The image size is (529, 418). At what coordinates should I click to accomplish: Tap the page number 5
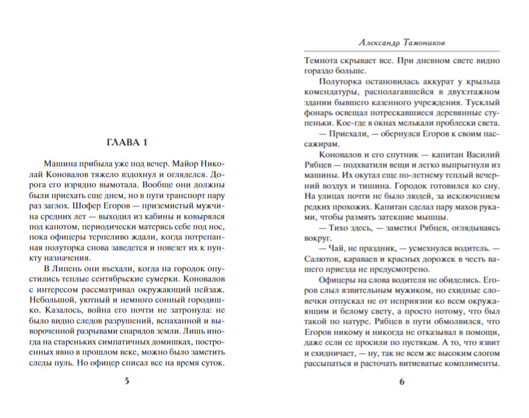(126, 382)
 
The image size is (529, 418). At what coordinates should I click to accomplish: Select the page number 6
(402, 382)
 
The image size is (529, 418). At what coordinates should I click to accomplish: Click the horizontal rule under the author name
(402, 50)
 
